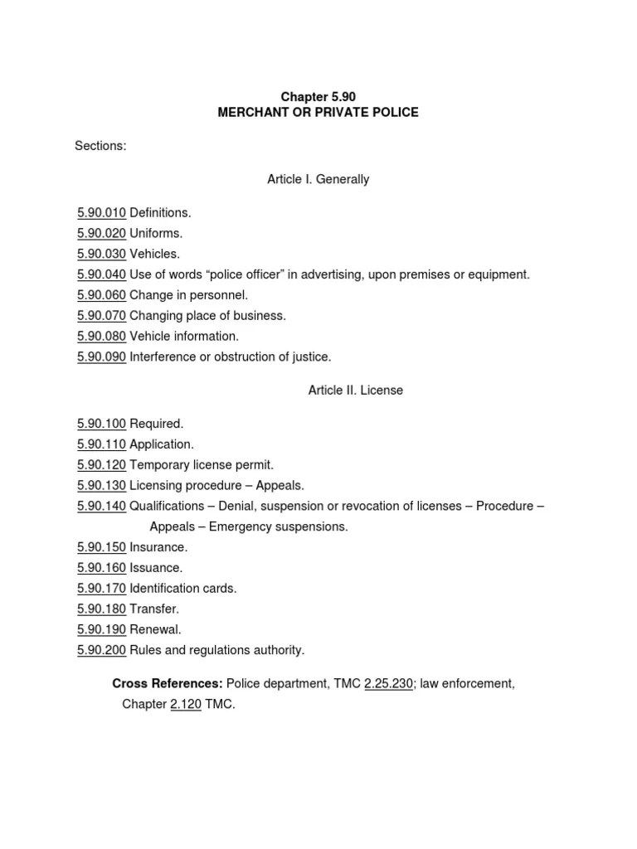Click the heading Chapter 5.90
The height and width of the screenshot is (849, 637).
[x=318, y=97]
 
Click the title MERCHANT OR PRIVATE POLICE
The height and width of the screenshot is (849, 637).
[x=318, y=112]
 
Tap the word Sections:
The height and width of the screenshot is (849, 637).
[x=100, y=146]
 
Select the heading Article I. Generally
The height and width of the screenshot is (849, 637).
[x=318, y=179]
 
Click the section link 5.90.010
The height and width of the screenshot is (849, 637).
[x=101, y=213]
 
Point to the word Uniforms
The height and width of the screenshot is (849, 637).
[x=156, y=234]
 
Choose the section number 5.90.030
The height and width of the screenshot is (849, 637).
[x=101, y=254]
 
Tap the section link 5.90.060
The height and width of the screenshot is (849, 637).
[x=101, y=295]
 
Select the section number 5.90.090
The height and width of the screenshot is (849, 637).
[x=101, y=357]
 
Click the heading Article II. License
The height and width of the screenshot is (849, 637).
[x=355, y=390]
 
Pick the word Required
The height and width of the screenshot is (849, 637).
[x=156, y=424]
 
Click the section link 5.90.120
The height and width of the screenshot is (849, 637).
[x=101, y=465]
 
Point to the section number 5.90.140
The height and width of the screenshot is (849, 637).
[x=101, y=506]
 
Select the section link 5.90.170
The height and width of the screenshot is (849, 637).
[x=101, y=589]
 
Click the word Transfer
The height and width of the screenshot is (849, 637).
[x=154, y=609]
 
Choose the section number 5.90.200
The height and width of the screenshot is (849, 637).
[x=101, y=650]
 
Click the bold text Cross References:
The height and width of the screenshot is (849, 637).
[x=167, y=684]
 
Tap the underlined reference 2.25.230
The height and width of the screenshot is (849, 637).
[x=388, y=684]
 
